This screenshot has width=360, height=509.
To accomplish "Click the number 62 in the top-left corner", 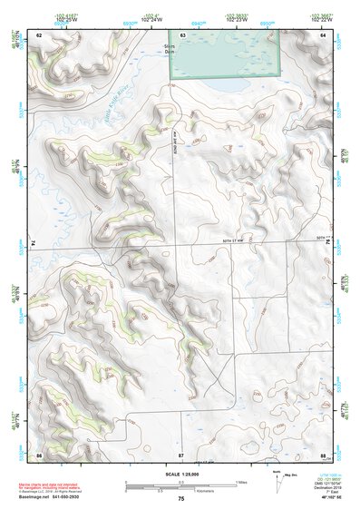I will pos(39,34).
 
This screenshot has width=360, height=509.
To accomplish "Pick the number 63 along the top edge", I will pos(182,34).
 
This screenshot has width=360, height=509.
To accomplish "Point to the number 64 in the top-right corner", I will pos(324,34).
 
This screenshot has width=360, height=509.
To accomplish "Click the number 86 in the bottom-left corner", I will pos(39,453).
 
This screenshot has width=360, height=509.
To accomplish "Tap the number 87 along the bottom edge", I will pos(181,453).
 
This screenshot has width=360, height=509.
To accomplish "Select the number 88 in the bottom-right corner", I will pos(323,453).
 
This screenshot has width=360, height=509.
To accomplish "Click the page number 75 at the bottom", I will pos(180,500).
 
